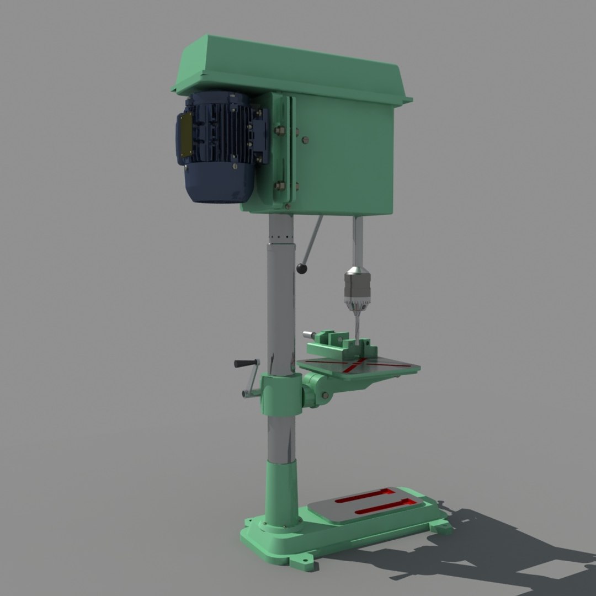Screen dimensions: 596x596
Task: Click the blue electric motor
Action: [x=221, y=149]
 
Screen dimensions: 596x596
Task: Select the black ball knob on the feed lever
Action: [x=302, y=269]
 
